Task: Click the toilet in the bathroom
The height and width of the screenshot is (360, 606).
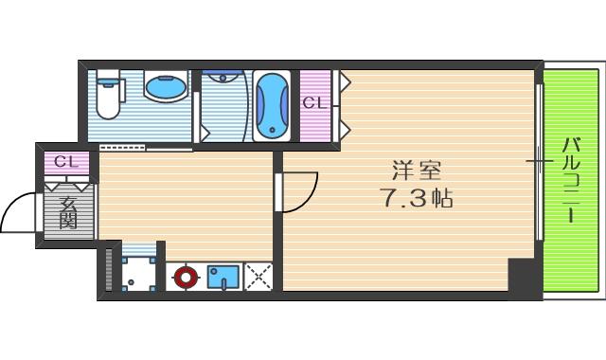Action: [x=108, y=99]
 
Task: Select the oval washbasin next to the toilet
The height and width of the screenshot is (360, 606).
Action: [x=167, y=89]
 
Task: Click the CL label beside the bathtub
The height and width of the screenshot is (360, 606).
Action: [x=315, y=102]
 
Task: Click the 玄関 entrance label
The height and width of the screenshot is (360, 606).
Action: [x=67, y=213]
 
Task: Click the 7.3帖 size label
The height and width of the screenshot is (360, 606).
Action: [x=416, y=200]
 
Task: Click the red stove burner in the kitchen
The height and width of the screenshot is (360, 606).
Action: [x=186, y=278]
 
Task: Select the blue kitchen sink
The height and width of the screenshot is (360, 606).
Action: [x=224, y=277]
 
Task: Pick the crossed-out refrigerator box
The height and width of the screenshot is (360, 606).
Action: [x=258, y=277]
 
